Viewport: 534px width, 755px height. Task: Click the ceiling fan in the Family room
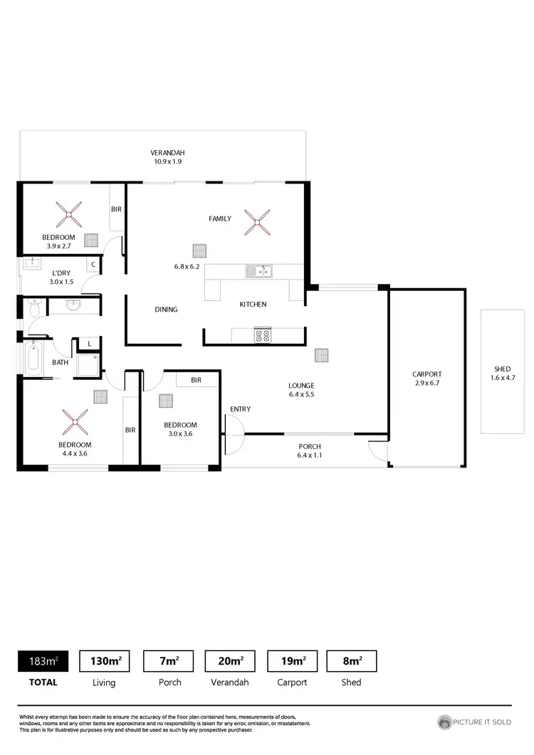tap(256, 221)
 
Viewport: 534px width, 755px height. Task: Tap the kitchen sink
tap(259, 270)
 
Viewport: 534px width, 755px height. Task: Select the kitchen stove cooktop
tap(262, 335)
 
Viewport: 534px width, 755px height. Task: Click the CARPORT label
tap(427, 374)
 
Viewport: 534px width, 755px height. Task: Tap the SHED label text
tap(503, 369)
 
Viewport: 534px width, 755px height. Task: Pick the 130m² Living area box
tap(105, 661)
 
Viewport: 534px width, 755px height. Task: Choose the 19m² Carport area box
tap(293, 661)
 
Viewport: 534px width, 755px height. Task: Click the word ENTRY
tap(240, 408)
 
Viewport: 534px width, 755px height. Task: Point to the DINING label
tap(166, 310)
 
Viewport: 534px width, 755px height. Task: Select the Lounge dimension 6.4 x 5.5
tap(302, 394)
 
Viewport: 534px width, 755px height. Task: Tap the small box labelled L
tap(89, 344)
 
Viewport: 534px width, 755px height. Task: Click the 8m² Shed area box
tap(351, 661)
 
